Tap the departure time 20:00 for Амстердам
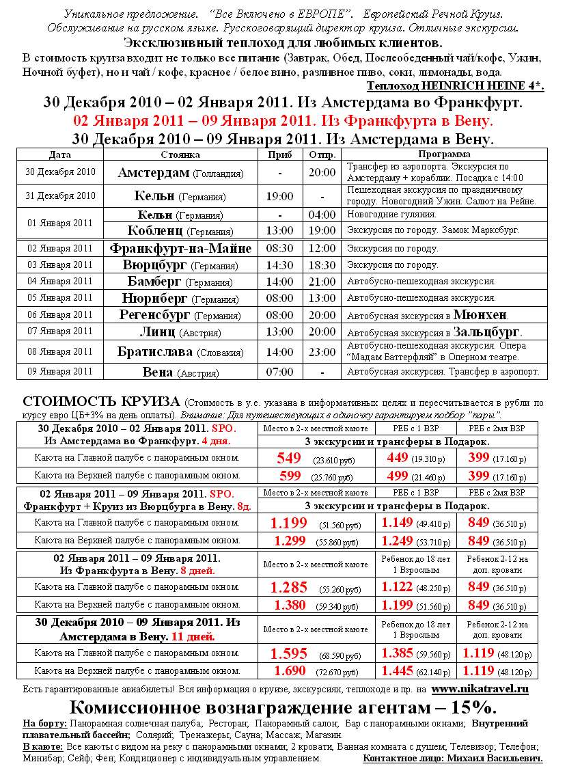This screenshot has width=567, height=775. coord(322,173)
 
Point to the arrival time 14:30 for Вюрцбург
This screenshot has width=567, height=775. coord(280,264)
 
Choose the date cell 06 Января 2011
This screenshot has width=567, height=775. coord(59,314)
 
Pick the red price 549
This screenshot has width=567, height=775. coord(289,458)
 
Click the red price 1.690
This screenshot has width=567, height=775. coord(288,670)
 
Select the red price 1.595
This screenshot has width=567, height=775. coord(288,653)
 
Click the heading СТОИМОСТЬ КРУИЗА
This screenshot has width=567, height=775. coord(101,401)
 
